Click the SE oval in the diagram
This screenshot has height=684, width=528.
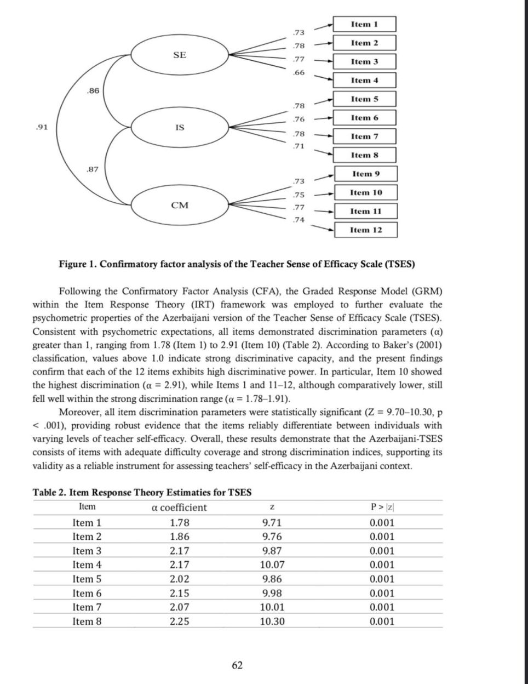tap(179, 55)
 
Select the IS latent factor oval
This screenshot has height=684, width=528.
tap(179, 128)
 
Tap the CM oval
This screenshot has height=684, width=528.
tap(179, 206)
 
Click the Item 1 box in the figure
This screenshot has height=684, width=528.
tap(364, 25)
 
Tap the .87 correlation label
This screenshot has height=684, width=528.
tap(93, 169)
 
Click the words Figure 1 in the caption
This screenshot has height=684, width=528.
tap(77, 264)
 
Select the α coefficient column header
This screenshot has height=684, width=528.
tap(179, 508)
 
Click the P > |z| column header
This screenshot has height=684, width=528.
tap(382, 508)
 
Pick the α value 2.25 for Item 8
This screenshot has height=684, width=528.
tap(179, 622)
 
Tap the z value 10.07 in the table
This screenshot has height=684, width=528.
tap(272, 565)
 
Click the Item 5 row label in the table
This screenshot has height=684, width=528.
tap(87, 579)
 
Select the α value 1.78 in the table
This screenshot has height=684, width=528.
tap(179, 523)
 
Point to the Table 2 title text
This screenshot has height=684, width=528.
tap(142, 492)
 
